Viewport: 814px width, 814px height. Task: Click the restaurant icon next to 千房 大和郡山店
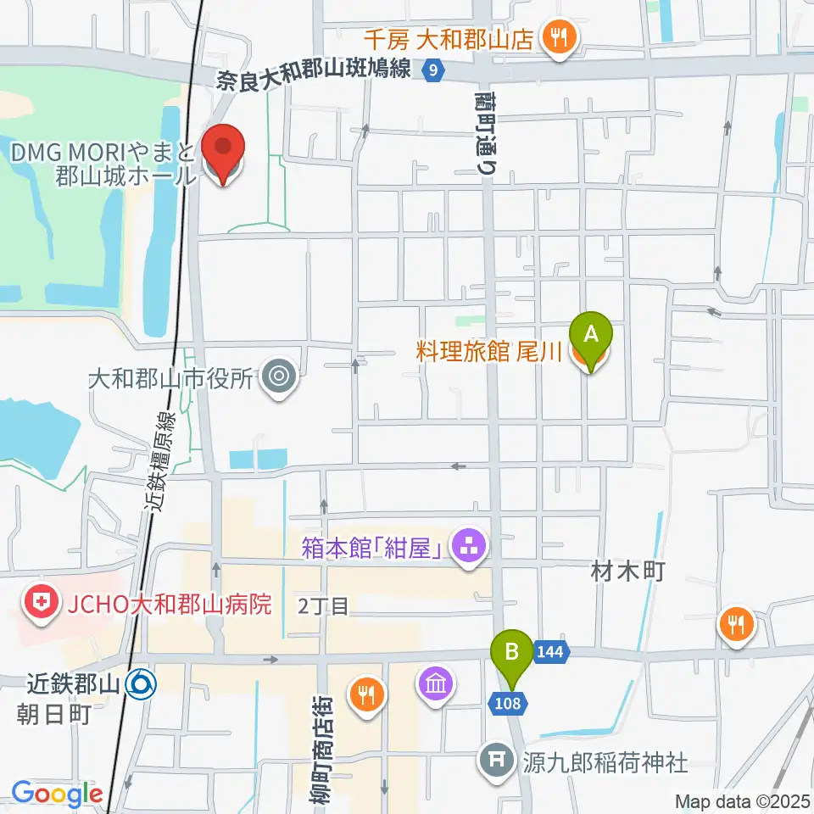[559, 38]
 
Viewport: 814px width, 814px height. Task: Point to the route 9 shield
[433, 71]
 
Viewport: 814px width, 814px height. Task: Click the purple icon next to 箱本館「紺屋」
[468, 545]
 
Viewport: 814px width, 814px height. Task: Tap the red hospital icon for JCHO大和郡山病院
[39, 604]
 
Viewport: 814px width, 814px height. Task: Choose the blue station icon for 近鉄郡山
[141, 683]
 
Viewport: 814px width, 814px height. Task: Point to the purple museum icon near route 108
[437, 683]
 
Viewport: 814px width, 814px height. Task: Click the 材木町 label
[626, 571]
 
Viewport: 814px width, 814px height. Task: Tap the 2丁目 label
[323, 605]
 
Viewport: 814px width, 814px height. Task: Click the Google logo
[57, 794]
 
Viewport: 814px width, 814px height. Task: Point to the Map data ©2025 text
[743, 800]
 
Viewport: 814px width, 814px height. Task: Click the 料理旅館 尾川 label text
[489, 352]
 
